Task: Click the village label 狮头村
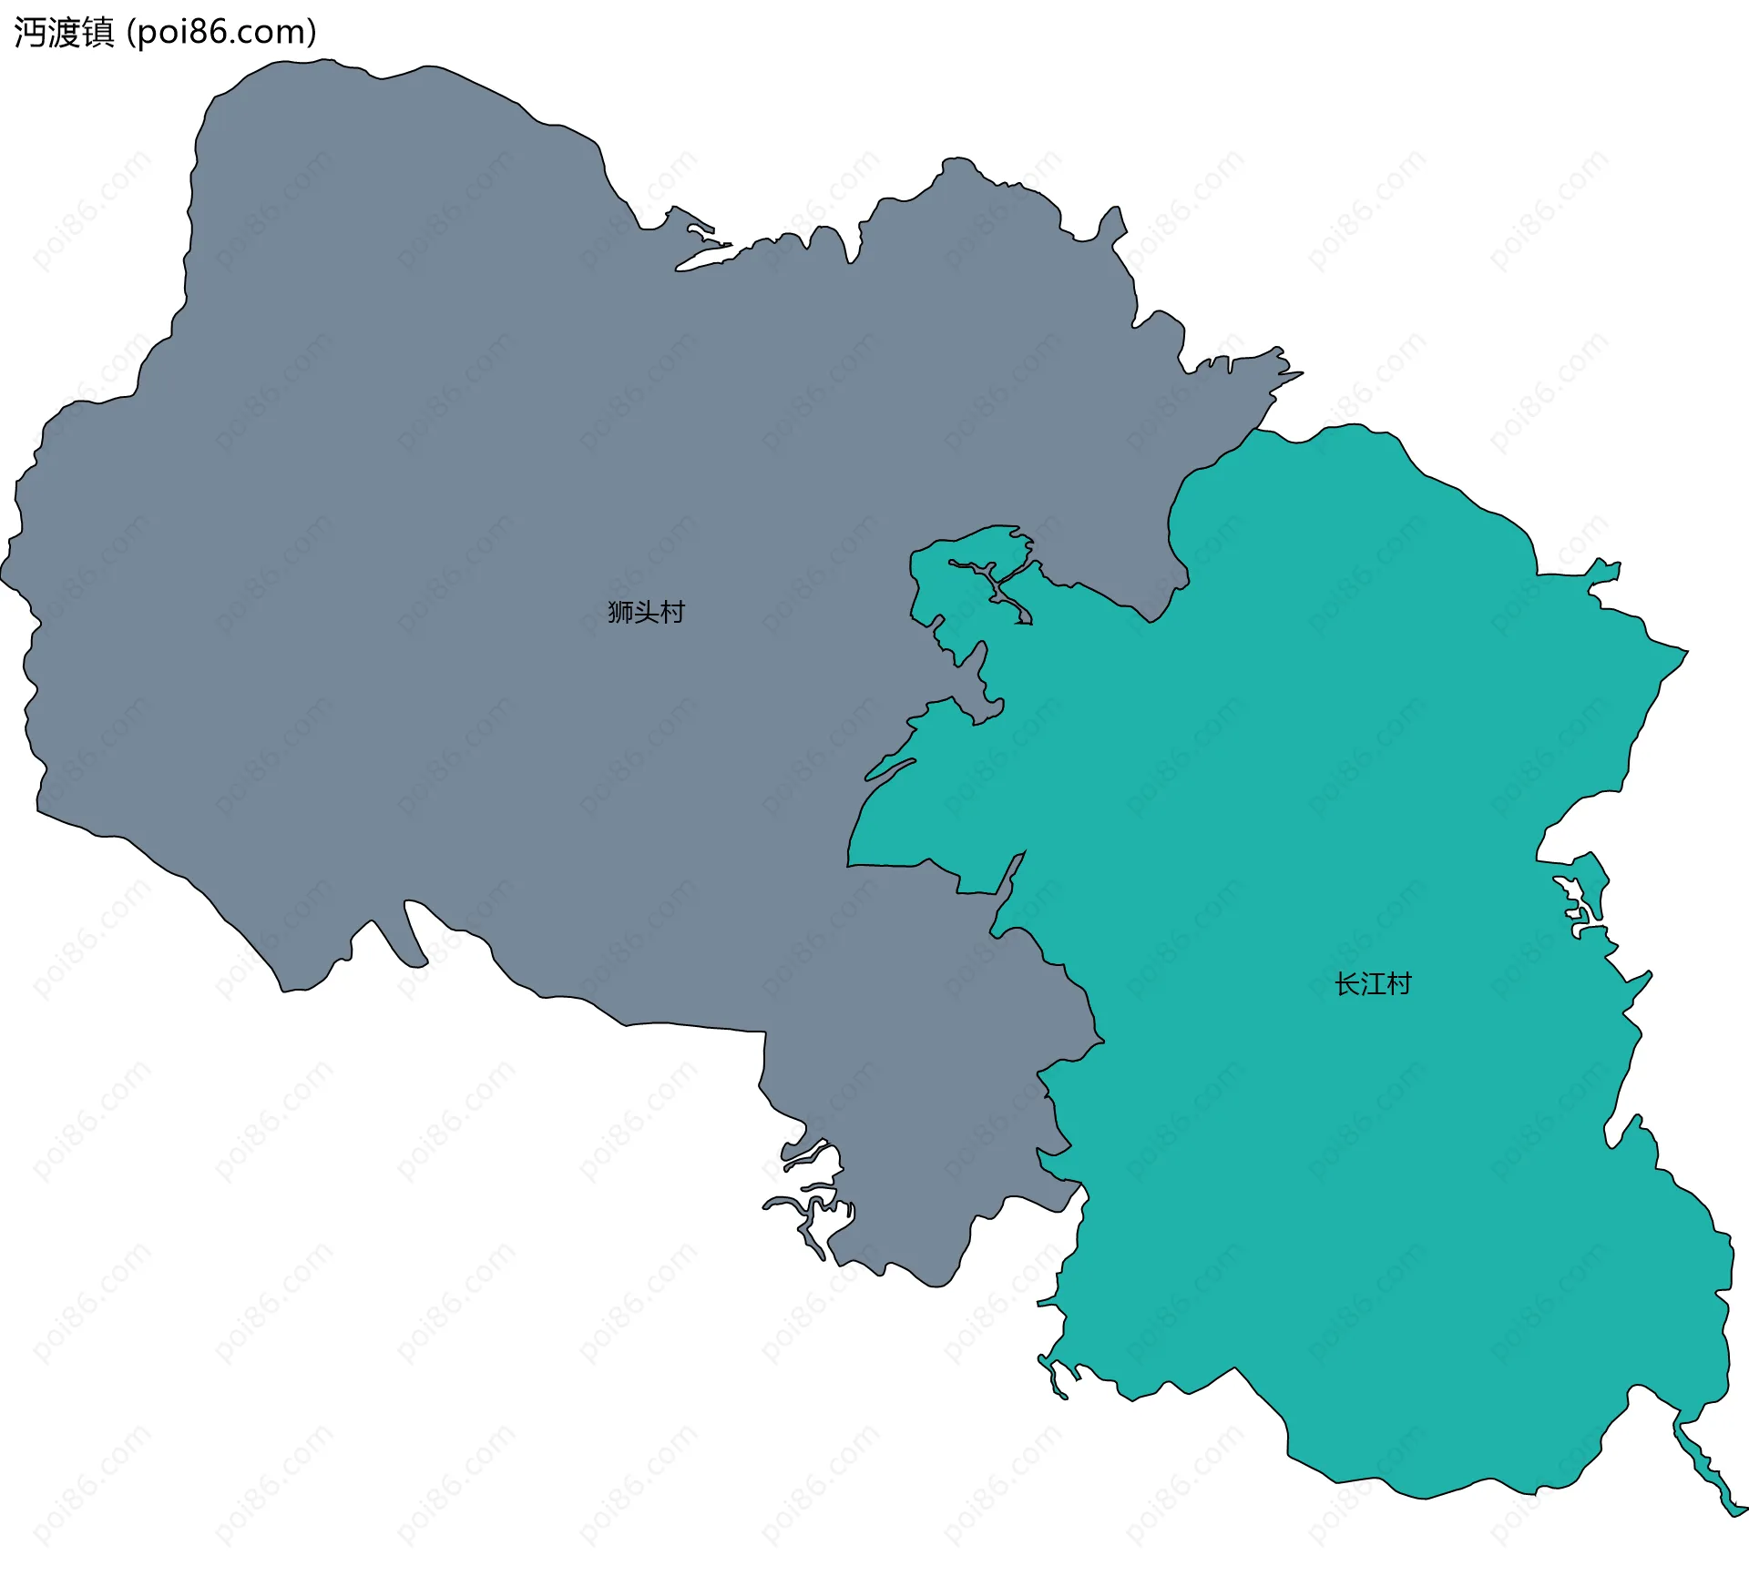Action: [646, 612]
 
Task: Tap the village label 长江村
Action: [1373, 984]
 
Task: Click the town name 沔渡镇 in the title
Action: [64, 33]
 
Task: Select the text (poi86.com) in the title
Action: [221, 33]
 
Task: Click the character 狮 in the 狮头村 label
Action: [620, 612]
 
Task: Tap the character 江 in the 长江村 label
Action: [1373, 984]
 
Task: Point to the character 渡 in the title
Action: [64, 33]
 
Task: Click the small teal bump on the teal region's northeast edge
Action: [1605, 572]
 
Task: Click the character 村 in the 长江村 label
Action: [1399, 984]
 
